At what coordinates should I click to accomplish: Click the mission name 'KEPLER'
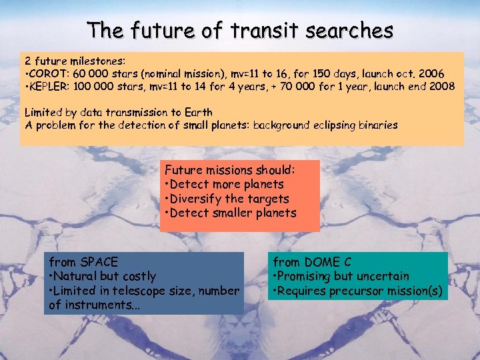48,87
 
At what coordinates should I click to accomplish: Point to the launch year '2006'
429,73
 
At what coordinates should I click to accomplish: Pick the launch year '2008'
441,87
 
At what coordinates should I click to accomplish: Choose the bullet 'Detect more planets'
224,184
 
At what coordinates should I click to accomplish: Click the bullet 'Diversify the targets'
227,199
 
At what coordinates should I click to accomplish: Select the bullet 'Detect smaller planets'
230,213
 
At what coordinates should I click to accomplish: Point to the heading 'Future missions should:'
230,169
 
